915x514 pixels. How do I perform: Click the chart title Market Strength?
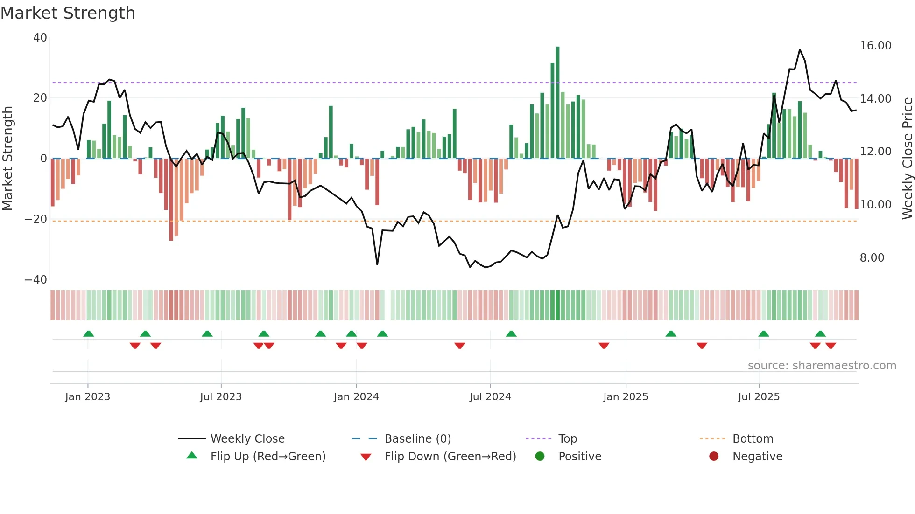[x=68, y=13]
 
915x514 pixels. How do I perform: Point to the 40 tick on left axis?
[x=40, y=38]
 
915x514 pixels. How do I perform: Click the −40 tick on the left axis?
[x=36, y=280]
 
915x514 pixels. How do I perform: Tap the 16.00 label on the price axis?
[x=875, y=46]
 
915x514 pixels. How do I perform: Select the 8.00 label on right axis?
[x=872, y=258]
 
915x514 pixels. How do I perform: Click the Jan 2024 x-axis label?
[x=356, y=397]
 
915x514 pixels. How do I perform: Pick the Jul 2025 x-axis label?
[x=759, y=397]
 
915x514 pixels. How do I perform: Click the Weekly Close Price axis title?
[x=907, y=159]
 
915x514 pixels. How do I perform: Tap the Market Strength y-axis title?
[x=7, y=159]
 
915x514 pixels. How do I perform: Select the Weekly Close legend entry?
[x=247, y=439]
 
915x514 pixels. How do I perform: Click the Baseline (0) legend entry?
[x=417, y=439]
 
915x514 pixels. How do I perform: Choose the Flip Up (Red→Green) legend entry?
[x=267, y=457]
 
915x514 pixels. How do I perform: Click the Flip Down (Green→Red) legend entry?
[x=450, y=457]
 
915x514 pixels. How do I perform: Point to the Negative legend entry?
[x=757, y=457]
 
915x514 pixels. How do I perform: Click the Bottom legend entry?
[x=753, y=439]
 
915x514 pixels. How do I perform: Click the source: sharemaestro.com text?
[x=822, y=366]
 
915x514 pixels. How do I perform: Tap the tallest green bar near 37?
[x=557, y=103]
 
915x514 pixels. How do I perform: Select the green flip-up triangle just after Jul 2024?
[x=511, y=333]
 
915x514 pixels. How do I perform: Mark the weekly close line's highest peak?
[x=800, y=50]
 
